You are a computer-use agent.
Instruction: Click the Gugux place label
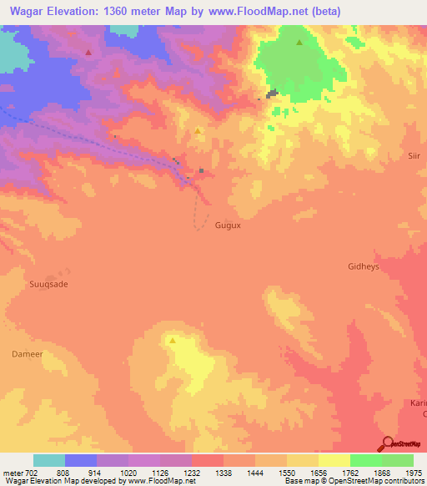click(x=228, y=225)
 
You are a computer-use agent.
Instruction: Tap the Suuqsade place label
click(x=48, y=284)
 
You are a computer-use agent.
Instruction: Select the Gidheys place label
click(x=364, y=266)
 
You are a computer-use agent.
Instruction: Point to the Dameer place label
click(x=26, y=354)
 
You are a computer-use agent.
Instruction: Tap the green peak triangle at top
click(x=299, y=42)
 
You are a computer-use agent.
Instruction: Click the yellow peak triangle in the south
click(x=173, y=341)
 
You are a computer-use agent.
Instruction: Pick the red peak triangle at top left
click(x=88, y=52)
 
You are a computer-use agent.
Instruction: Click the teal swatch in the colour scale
click(x=49, y=460)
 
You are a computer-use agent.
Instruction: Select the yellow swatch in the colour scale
click(x=334, y=460)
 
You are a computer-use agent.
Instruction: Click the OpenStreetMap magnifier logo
click(x=387, y=443)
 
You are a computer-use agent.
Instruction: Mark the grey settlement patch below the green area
click(x=273, y=94)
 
